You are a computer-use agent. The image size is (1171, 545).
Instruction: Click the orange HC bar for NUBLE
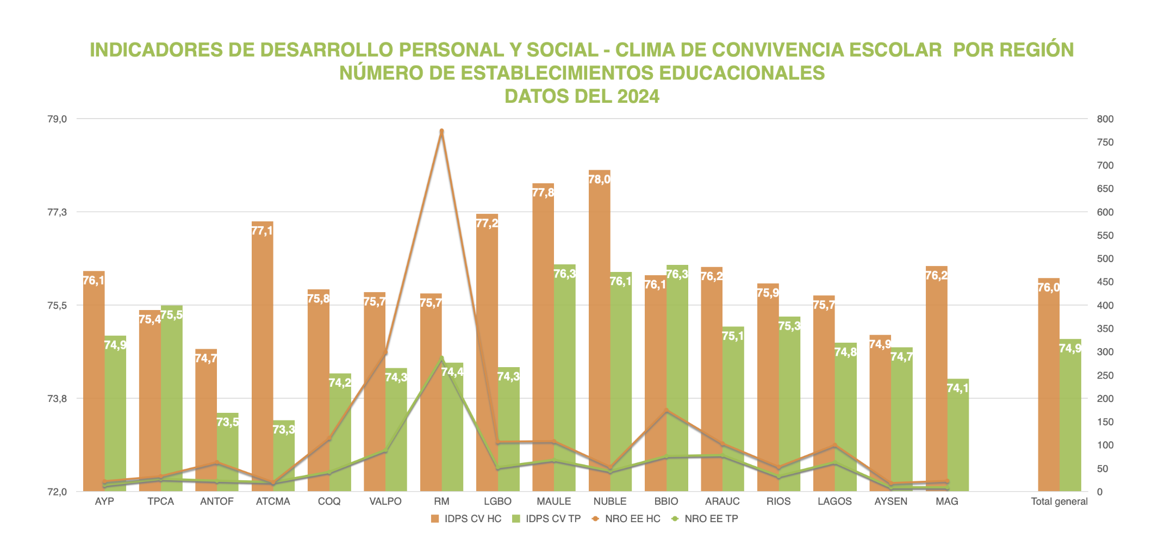(x=599, y=326)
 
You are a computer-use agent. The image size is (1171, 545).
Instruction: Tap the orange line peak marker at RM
(x=441, y=131)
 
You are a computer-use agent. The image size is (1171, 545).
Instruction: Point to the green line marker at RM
(x=441, y=358)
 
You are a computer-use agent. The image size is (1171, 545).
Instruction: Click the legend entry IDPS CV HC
(x=466, y=519)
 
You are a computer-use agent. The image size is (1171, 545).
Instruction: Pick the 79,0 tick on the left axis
(x=58, y=119)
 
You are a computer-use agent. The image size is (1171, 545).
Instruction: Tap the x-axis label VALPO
(x=385, y=501)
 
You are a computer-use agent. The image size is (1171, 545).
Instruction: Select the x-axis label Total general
(x=1059, y=501)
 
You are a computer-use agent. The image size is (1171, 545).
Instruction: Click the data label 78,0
(x=599, y=179)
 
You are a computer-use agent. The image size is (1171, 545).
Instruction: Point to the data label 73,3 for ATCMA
(x=284, y=430)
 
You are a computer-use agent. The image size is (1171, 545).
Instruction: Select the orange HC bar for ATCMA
(x=263, y=354)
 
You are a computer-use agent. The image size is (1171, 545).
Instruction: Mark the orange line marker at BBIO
(x=667, y=411)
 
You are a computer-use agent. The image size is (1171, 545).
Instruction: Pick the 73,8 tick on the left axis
(x=58, y=399)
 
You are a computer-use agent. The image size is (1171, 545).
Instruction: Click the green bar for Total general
(x=1070, y=419)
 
